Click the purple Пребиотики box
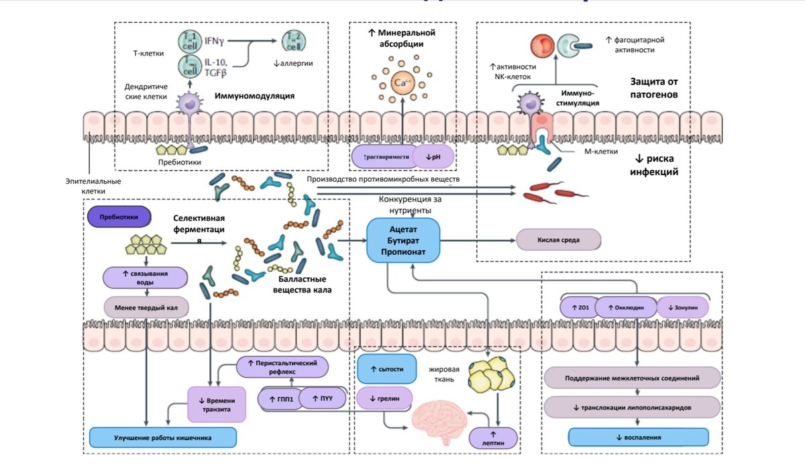click(x=119, y=217)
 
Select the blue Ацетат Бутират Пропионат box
click(x=402, y=240)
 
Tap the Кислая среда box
click(x=558, y=240)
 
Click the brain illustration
click(x=440, y=418)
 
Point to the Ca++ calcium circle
click(x=402, y=83)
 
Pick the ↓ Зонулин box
click(x=682, y=307)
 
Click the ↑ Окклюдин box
click(x=625, y=307)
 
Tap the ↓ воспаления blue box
click(x=638, y=437)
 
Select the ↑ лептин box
click(x=494, y=437)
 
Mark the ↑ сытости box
click(x=383, y=369)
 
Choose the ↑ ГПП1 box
click(x=278, y=399)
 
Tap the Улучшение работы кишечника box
click(x=162, y=437)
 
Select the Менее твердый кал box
click(x=146, y=308)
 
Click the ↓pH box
click(x=433, y=156)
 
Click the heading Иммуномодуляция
click(x=254, y=96)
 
